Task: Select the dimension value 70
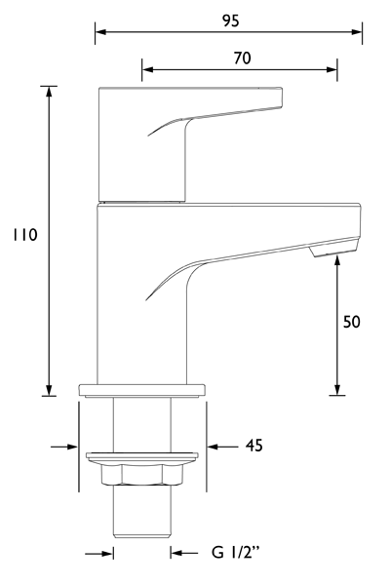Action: (242, 58)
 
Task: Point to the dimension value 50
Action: (352, 322)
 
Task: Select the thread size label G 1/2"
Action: (238, 554)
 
